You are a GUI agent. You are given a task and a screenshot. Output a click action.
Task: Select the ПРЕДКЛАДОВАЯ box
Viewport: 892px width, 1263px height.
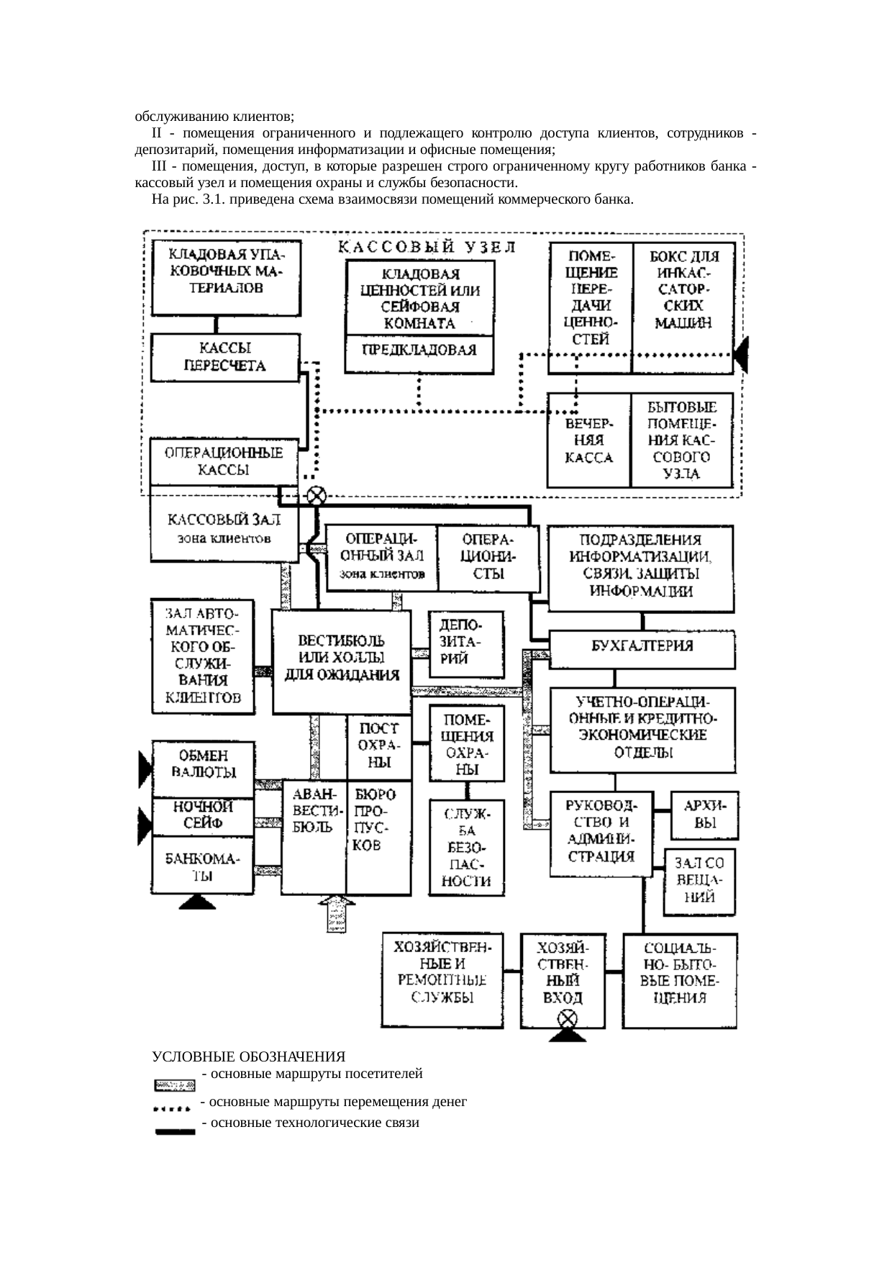click(x=419, y=353)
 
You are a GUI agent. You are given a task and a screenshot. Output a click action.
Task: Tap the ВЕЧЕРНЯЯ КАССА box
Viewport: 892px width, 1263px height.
click(x=588, y=440)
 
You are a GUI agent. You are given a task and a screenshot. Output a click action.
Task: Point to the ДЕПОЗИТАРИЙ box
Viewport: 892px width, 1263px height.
click(x=465, y=643)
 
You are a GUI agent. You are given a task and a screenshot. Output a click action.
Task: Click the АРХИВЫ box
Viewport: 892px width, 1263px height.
click(x=704, y=815)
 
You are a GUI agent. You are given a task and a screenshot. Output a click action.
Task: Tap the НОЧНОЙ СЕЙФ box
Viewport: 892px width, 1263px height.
click(x=202, y=816)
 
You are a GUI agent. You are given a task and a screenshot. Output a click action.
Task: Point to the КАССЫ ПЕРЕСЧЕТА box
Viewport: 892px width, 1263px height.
click(x=225, y=357)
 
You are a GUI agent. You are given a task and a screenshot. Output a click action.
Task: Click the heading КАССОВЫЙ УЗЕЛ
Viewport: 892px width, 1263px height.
click(x=427, y=248)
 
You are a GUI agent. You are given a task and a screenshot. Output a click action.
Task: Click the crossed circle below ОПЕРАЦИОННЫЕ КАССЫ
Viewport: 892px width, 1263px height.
click(x=317, y=495)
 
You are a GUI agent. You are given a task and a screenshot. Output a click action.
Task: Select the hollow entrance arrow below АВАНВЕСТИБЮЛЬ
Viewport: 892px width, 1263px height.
click(x=336, y=914)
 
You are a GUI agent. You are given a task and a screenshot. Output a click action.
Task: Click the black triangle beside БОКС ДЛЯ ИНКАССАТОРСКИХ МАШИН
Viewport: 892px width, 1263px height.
click(x=741, y=354)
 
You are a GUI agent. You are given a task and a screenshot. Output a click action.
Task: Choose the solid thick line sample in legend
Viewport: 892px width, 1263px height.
click(x=175, y=1132)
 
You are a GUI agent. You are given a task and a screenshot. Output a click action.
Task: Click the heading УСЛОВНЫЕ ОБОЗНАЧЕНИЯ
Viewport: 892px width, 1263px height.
click(x=248, y=1056)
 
